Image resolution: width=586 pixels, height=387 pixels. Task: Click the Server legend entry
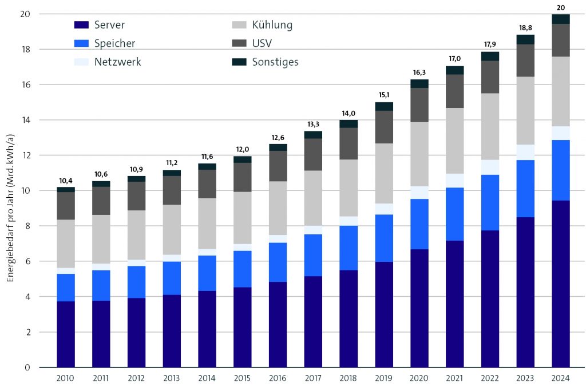pos(100,25)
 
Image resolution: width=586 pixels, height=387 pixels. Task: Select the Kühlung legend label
pos(272,25)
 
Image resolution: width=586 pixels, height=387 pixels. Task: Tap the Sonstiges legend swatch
pos(239,62)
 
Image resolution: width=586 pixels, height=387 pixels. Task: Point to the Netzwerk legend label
pos(117,62)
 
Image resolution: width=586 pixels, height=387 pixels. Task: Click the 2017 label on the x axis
pos(313,378)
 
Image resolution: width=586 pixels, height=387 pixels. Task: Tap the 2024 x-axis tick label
pos(560,378)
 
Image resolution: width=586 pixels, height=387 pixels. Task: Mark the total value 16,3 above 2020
pos(419,73)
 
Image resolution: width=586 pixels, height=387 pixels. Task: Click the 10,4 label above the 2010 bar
pos(66,181)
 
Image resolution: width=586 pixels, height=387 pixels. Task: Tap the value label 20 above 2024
pos(560,8)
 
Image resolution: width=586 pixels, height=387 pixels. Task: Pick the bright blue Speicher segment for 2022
pos(490,202)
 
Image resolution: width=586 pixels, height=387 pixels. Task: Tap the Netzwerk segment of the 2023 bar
pos(525,152)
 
